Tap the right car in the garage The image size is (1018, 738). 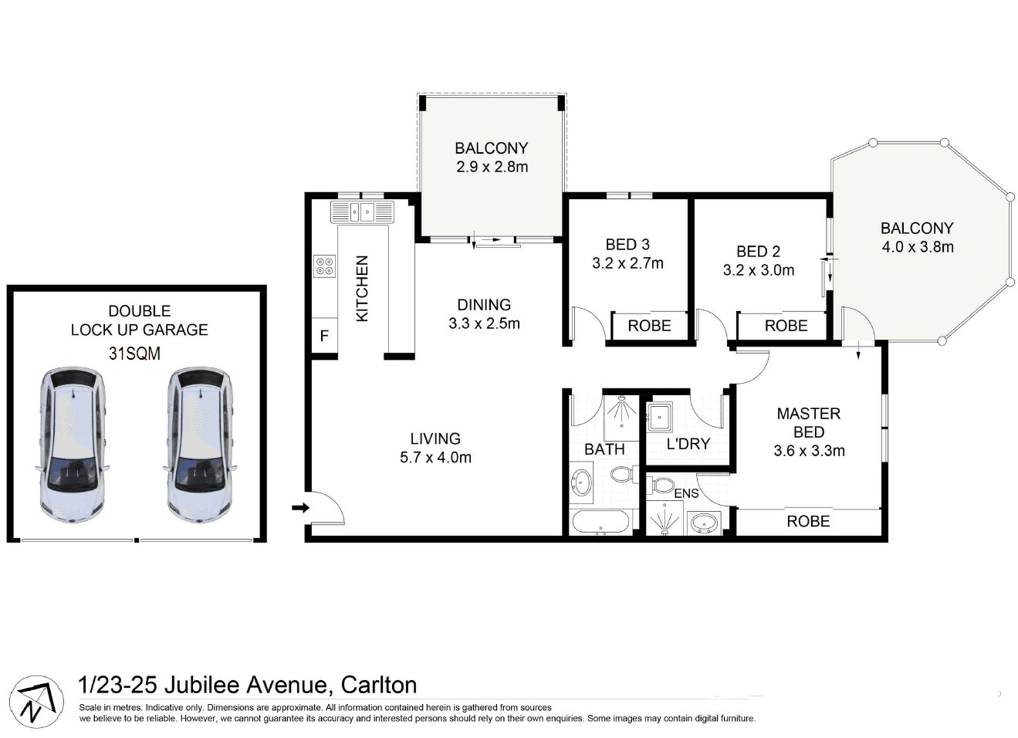coord(198,445)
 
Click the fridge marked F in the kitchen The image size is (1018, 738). coord(324,337)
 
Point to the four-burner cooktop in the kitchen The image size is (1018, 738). coord(324,267)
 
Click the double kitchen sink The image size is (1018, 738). coord(362,211)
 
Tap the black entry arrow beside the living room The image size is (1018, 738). coord(300,507)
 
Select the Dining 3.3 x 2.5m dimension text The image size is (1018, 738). coord(484,323)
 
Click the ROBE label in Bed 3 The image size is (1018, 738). coord(649,326)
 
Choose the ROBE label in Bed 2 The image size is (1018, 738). coord(786,326)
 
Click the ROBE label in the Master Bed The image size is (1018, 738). coord(808,521)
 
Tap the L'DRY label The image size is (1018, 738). coord(687,444)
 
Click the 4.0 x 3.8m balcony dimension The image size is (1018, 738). coord(917,247)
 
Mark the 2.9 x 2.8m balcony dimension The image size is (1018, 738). coord(492,167)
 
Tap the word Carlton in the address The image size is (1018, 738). coord(379,684)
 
